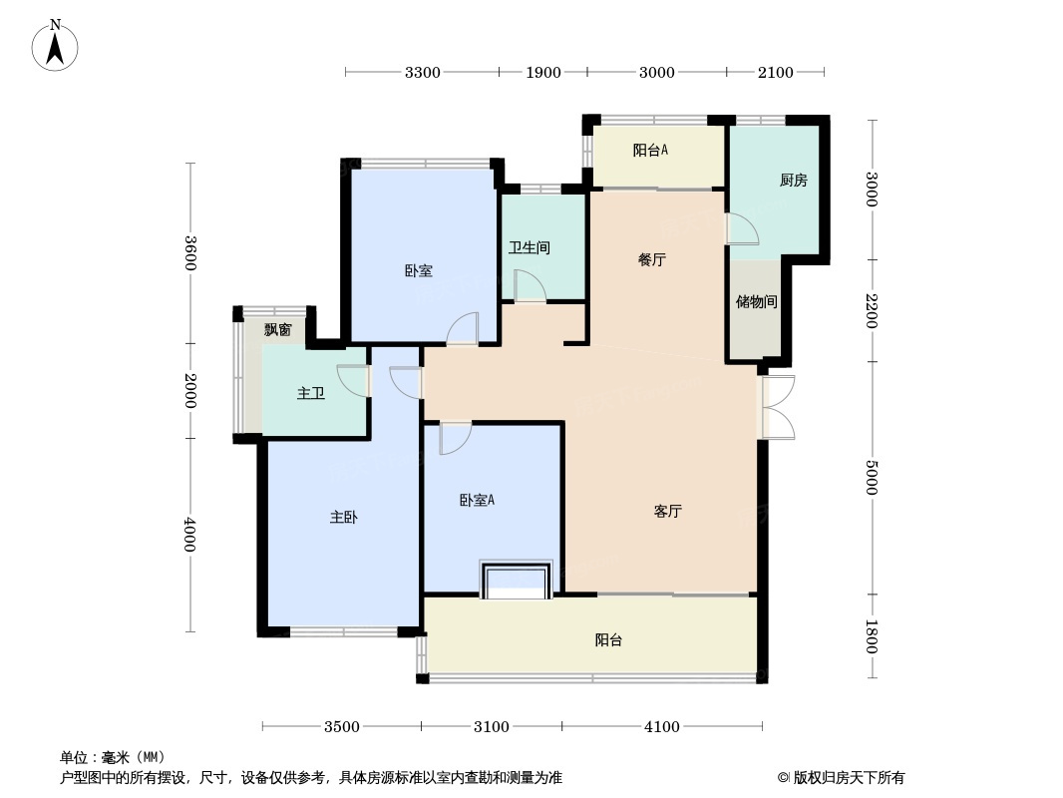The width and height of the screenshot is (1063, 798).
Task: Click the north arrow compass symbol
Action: click(55, 46)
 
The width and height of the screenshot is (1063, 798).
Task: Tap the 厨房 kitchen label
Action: click(793, 181)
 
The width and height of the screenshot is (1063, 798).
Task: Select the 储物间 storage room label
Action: click(757, 301)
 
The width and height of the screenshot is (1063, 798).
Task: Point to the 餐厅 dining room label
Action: click(652, 259)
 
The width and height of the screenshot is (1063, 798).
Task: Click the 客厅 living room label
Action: click(668, 511)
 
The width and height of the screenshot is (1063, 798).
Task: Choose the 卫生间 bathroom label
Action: click(530, 248)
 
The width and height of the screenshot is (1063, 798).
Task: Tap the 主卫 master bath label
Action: click(311, 393)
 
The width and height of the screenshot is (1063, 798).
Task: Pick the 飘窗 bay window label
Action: click(278, 329)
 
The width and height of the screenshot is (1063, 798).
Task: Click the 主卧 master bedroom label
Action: click(344, 518)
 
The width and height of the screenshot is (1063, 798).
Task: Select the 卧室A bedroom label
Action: click(478, 501)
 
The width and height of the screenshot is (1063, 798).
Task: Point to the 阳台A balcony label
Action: click(650, 151)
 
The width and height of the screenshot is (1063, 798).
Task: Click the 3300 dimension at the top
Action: click(423, 73)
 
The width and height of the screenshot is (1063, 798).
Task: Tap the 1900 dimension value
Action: click(543, 73)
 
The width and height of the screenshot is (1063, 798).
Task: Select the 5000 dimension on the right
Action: click(872, 478)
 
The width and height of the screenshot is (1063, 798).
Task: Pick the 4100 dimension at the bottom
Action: click(662, 727)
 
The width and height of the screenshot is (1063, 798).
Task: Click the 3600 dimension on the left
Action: click(190, 253)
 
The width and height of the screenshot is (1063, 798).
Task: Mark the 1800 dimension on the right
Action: click(872, 636)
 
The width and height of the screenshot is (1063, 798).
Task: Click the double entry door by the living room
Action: click(778, 407)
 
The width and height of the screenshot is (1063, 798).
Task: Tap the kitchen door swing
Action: click(742, 228)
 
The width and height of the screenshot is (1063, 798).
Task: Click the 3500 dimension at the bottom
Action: click(342, 727)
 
